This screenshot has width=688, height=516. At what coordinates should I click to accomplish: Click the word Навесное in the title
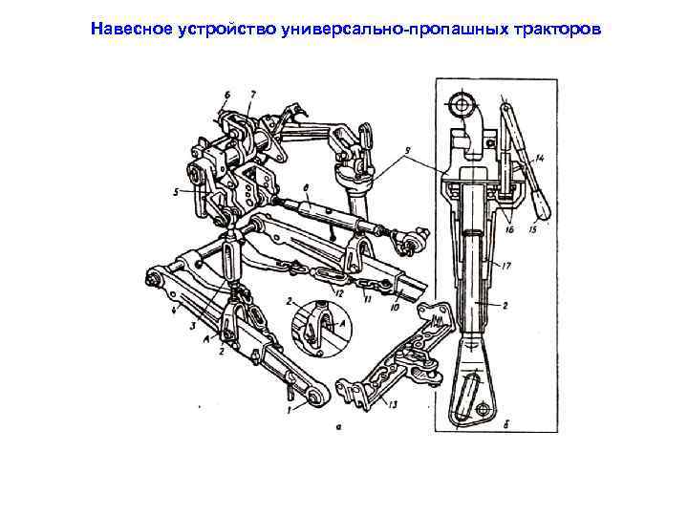pos(131,29)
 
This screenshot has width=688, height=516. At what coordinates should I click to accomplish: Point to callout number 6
pos(226,95)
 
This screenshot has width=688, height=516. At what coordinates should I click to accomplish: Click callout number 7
pos(253,95)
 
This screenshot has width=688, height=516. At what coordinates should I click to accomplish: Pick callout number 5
pos(177,192)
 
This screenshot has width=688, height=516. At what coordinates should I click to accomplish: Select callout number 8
pos(306,188)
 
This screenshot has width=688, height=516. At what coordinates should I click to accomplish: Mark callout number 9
pos(408,151)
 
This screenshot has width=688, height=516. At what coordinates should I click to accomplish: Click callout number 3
pos(193,326)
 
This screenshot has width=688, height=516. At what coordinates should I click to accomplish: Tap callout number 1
pos(289,410)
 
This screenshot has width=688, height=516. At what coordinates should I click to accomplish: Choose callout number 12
pos(338,293)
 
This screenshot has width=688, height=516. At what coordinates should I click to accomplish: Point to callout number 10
pos(395,308)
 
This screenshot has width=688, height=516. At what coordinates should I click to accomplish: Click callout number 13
pos(393,404)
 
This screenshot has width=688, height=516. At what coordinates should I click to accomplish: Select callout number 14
pos(539,159)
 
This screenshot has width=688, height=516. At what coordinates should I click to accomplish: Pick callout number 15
pos(533,228)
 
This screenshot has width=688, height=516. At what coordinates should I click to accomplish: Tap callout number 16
pos(509,228)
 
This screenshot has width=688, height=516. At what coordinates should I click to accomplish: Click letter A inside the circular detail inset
pos(344,323)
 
